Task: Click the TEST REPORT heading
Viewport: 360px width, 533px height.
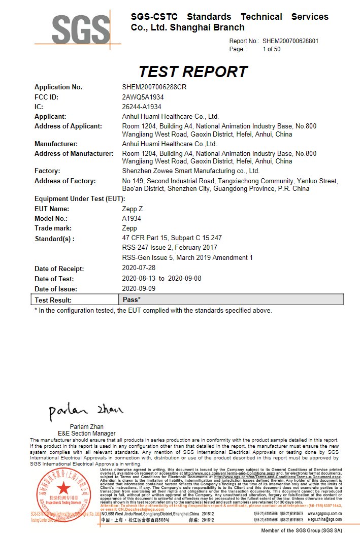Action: (193, 72)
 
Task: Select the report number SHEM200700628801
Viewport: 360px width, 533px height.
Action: (290, 41)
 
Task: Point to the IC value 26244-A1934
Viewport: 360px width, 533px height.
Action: (142, 107)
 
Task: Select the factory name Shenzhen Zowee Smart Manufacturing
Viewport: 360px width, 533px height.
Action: (190, 171)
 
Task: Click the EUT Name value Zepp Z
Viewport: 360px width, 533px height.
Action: (133, 209)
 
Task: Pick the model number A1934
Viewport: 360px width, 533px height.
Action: (132, 218)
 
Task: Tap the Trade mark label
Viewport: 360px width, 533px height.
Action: (53, 228)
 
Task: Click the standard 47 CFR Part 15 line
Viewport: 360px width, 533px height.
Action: (172, 238)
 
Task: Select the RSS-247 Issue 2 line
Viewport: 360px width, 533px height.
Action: (170, 247)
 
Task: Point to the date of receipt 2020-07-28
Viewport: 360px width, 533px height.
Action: (139, 268)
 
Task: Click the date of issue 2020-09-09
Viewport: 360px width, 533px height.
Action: (139, 289)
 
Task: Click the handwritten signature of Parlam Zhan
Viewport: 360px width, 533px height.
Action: (85, 411)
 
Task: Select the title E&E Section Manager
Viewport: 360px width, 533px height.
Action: (87, 434)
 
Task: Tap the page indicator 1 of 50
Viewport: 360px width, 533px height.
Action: (271, 49)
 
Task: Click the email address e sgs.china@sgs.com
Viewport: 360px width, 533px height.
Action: (324, 520)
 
